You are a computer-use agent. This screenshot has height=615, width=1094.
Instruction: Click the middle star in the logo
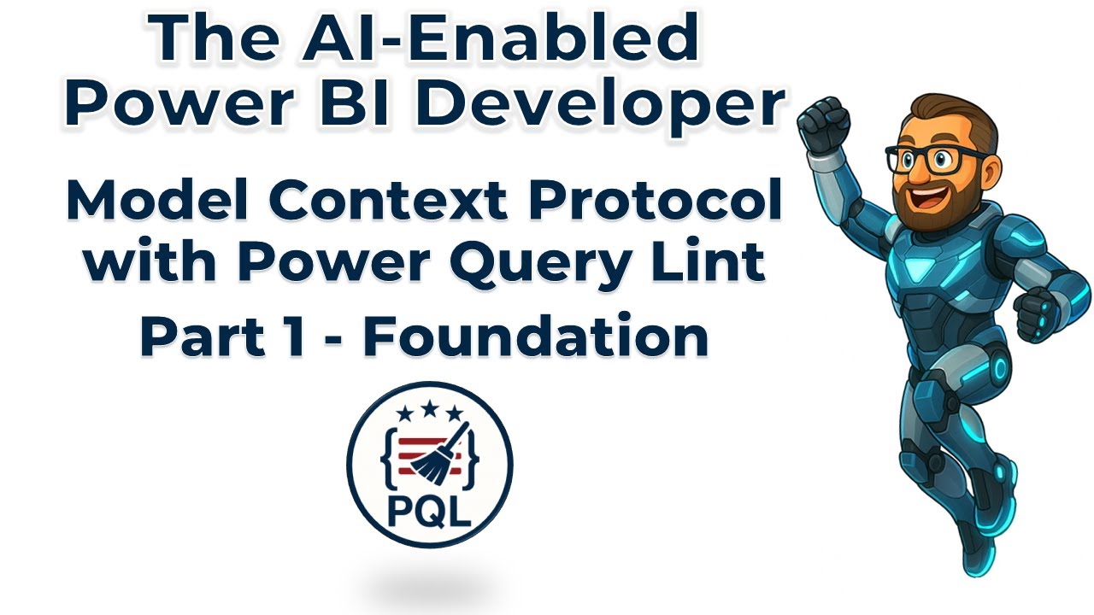coord(429,413)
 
